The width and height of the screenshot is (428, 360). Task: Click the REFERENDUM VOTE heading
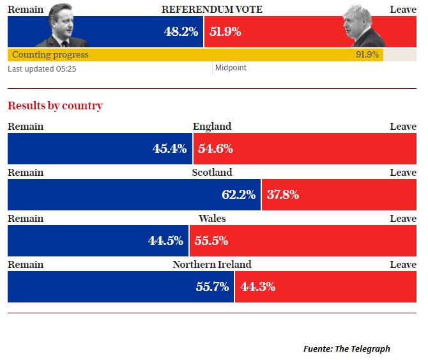coord(211,10)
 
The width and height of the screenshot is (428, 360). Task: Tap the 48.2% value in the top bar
coord(181,31)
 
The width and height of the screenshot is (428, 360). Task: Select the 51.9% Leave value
coord(225,31)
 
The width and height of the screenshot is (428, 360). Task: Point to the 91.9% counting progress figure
coord(367,55)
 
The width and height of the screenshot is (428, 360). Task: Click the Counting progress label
coord(50,55)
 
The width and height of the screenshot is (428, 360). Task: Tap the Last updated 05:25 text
coord(42,68)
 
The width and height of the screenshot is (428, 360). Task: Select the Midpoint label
coord(231,68)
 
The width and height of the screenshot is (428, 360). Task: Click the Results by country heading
coord(55,106)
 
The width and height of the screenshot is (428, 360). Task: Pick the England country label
coord(212,127)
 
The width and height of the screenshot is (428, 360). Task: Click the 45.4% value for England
coord(169,149)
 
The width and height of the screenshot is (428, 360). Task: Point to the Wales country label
coord(212,219)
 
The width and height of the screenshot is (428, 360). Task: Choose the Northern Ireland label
coord(212,265)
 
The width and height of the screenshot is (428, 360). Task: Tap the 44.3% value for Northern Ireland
coord(257,287)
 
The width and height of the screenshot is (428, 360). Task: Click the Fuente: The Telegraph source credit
coord(346,348)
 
